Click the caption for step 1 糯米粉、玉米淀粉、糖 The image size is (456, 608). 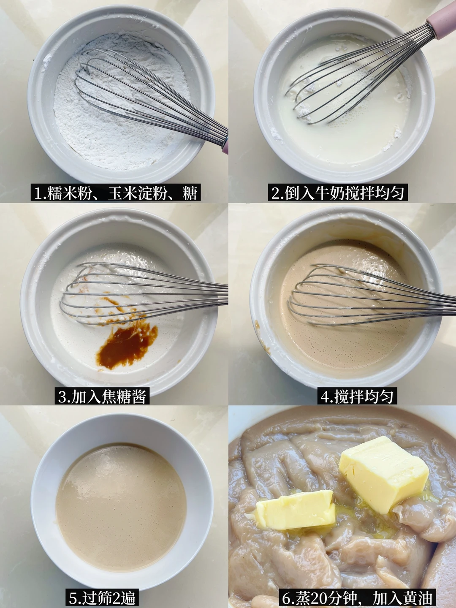(x=115, y=193)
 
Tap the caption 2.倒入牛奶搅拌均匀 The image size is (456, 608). (x=338, y=193)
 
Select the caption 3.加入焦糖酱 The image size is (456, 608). (x=102, y=397)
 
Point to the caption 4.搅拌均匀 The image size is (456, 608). (x=357, y=397)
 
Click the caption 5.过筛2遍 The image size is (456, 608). (x=102, y=598)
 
